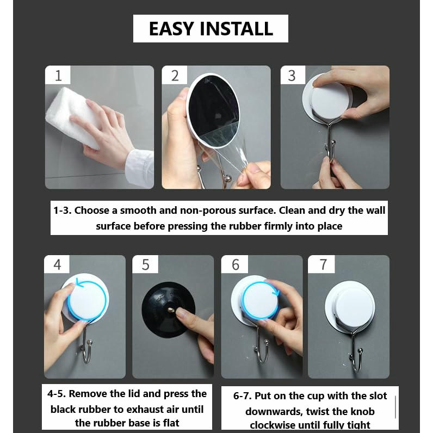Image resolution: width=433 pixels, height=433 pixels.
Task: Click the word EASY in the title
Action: click(171, 29)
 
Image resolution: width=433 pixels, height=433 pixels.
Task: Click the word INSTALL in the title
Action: click(237, 29)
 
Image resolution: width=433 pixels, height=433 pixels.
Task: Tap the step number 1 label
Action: click(58, 76)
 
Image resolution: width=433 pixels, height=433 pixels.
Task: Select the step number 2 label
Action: click(175, 76)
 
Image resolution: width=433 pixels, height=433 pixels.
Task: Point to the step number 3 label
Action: click(292, 76)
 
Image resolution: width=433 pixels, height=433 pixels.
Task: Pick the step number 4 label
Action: click(57, 264)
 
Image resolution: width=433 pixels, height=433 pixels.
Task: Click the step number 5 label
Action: click(146, 264)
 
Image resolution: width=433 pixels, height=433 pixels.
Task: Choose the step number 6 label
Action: click(236, 264)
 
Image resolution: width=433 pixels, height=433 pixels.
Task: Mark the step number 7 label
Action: click(323, 264)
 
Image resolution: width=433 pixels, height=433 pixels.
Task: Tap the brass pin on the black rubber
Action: click(171, 311)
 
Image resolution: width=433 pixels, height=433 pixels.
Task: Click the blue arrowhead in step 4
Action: click(79, 283)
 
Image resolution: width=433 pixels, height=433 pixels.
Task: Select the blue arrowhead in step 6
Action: click(276, 292)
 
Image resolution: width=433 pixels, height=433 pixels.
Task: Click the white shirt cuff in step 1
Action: click(140, 168)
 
